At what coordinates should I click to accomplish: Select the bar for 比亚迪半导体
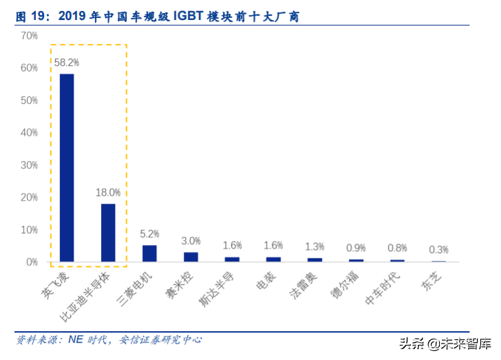108,233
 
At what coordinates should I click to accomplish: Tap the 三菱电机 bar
149,253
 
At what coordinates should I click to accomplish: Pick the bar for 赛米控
191,257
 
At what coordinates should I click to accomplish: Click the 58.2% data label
67,62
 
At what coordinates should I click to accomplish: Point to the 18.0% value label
108,192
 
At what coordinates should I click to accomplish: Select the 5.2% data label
149,233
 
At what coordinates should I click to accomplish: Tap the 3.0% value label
191,241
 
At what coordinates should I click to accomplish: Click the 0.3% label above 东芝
438,249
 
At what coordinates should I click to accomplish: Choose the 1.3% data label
315,246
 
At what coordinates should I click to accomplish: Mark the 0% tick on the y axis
32,262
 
